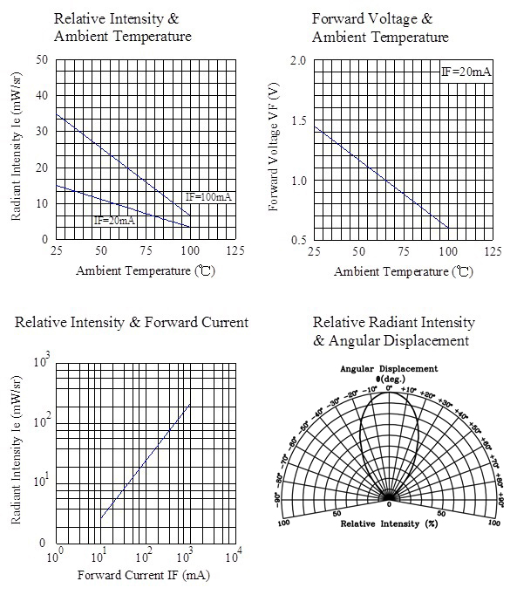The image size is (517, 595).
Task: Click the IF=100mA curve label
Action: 208,197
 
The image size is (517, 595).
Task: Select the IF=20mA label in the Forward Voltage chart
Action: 466,72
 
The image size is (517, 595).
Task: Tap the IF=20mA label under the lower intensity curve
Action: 114,221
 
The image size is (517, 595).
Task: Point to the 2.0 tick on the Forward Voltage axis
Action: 298,60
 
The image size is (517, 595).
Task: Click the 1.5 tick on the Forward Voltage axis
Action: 298,120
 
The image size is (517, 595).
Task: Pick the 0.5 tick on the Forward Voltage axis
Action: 298,240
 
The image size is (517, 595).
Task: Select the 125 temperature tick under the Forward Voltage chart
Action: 493,251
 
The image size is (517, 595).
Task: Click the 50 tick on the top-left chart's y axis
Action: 42,59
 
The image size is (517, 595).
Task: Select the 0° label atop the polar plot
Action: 390,388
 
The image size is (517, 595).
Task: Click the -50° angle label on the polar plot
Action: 304,427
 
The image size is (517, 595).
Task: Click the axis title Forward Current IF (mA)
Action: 144,575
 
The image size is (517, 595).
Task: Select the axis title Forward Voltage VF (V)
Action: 274,147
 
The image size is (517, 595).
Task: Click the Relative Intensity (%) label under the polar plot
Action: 389,523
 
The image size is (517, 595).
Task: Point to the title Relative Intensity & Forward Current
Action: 132,322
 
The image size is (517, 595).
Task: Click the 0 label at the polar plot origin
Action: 389,504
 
